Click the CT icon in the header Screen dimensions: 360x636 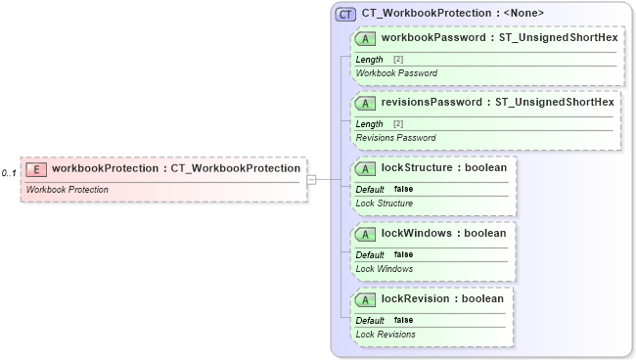click(x=345, y=14)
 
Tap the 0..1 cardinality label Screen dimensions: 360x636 click(x=9, y=173)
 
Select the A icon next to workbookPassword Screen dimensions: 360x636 click(x=366, y=38)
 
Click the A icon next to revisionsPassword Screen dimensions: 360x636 click(x=366, y=103)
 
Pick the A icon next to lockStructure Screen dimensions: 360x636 click(x=366, y=168)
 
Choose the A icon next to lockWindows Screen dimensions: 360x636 click(x=366, y=234)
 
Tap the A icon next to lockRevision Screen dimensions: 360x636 click(x=366, y=299)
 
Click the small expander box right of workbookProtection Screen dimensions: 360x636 click(x=311, y=179)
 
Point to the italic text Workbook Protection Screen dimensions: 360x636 click(x=67, y=189)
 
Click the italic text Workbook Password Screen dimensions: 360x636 click(x=396, y=73)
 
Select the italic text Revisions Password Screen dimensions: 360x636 click(x=396, y=138)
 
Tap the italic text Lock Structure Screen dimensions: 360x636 click(x=385, y=203)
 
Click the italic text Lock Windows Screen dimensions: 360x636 click(x=384, y=268)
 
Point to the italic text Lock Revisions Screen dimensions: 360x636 click(x=386, y=335)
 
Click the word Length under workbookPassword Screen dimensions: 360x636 click(x=369, y=60)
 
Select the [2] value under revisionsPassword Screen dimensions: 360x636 click(x=398, y=124)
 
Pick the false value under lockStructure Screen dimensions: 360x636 click(x=403, y=189)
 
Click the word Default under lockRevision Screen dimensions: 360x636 click(x=370, y=320)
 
